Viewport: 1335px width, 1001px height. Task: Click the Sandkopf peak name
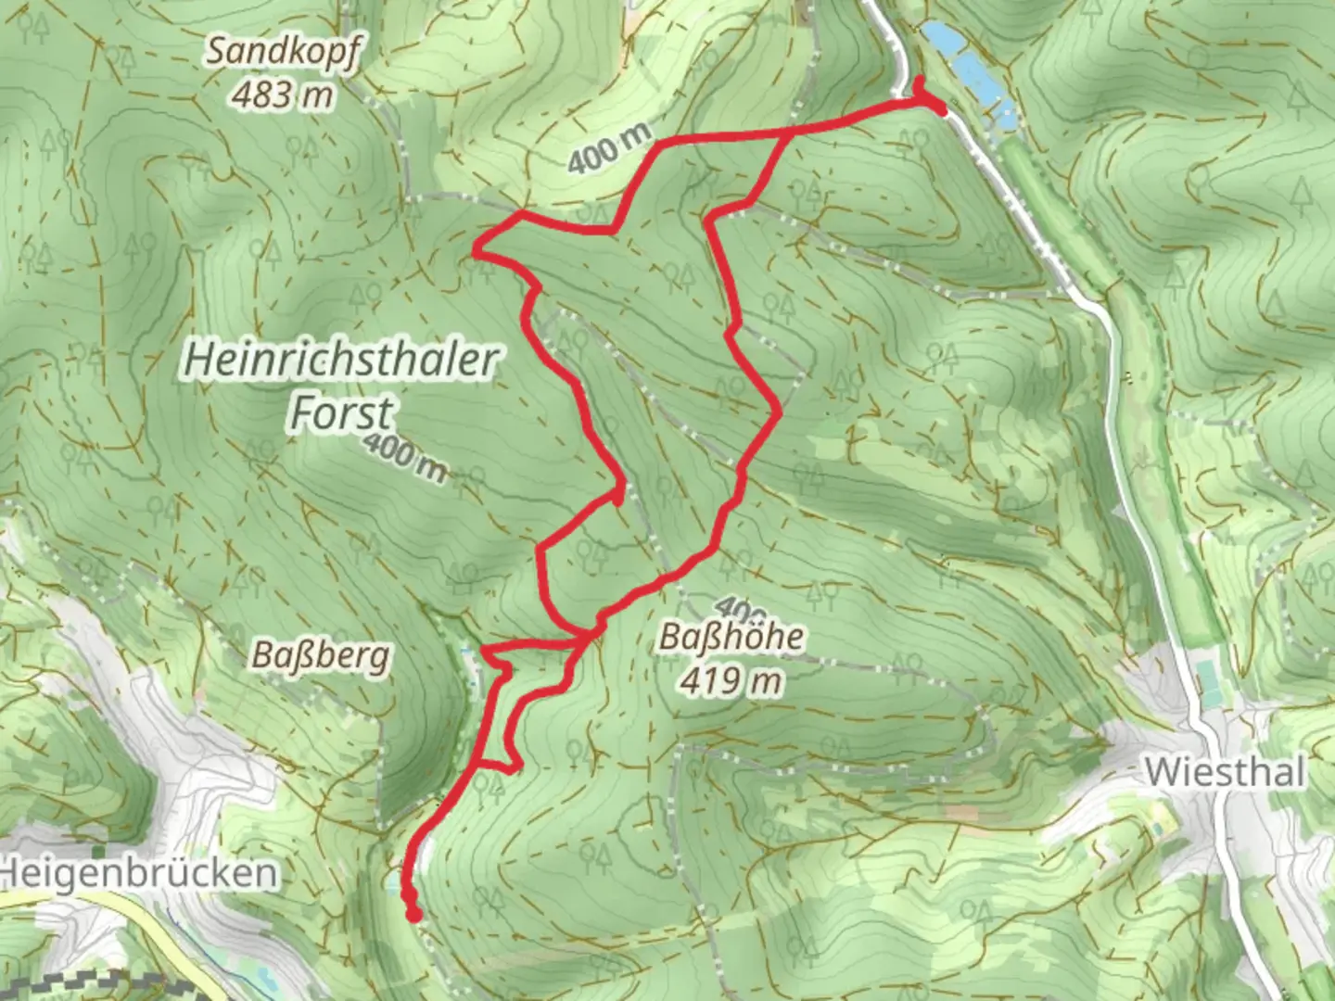point(280,52)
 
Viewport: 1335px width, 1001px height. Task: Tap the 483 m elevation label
point(282,94)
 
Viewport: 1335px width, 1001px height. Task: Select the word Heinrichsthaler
point(341,360)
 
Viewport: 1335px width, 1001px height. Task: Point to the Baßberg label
point(321,656)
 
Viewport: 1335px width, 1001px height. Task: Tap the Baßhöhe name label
point(731,638)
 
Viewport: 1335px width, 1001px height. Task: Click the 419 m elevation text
point(731,681)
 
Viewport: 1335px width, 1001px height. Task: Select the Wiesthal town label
point(1225,771)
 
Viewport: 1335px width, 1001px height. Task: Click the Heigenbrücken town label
point(139,873)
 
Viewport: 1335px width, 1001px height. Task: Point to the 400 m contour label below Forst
point(405,457)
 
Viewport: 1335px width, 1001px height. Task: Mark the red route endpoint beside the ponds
point(940,110)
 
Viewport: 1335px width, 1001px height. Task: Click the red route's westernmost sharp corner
point(477,249)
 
